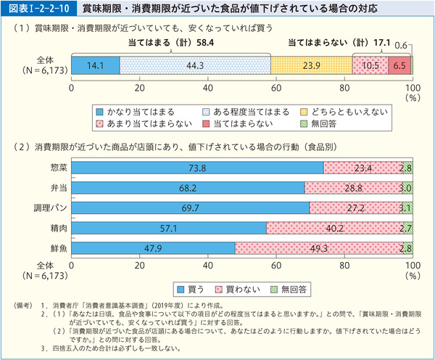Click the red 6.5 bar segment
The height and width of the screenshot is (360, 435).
[x=398, y=64]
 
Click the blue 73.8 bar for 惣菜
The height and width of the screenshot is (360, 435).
[x=197, y=168]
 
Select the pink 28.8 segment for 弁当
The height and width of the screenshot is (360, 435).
[x=352, y=188]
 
